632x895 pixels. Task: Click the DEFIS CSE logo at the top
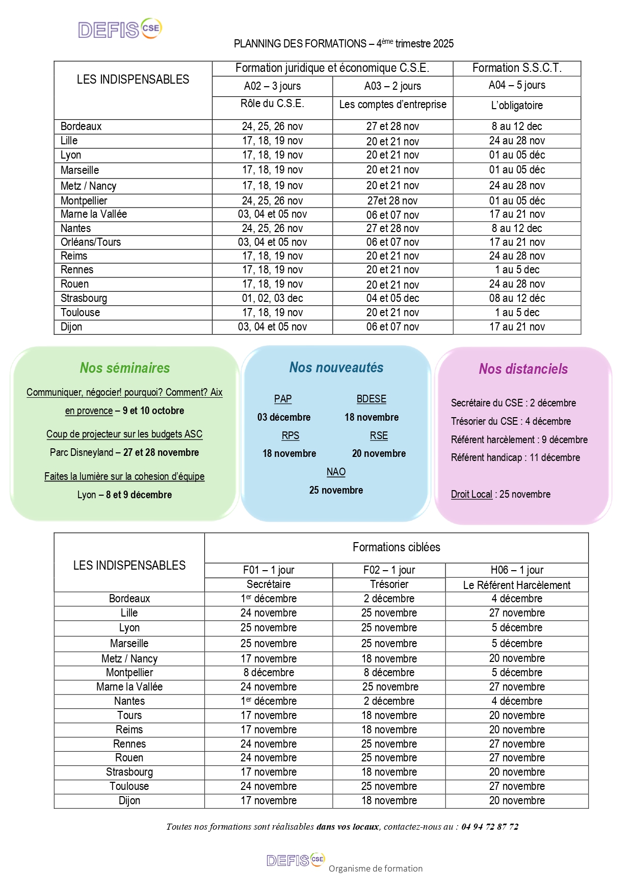[120, 29]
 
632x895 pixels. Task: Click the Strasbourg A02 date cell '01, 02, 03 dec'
[272, 298]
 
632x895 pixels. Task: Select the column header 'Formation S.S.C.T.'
[517, 68]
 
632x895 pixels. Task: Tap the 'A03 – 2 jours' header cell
[392, 86]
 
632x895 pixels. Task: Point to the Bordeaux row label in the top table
[81, 126]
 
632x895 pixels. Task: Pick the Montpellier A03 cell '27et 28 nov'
[392, 201]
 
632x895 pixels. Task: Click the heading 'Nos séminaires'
[125, 368]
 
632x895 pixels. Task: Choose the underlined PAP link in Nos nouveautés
[283, 399]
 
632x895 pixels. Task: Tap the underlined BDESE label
[372, 399]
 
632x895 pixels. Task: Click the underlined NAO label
[336, 472]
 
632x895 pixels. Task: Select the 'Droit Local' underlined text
[471, 494]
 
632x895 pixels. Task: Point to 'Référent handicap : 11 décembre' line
[515, 457]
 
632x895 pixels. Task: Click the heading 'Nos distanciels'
[523, 369]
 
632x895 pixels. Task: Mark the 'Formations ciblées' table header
[396, 547]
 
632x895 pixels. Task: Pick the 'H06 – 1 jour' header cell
[517, 570]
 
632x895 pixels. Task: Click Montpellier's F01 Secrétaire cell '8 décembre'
[269, 673]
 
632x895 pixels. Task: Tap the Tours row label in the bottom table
[129, 715]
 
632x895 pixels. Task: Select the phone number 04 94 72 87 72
[490, 827]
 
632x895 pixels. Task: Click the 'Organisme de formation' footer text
[376, 868]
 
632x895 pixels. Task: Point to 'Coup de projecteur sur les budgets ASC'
[124, 434]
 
